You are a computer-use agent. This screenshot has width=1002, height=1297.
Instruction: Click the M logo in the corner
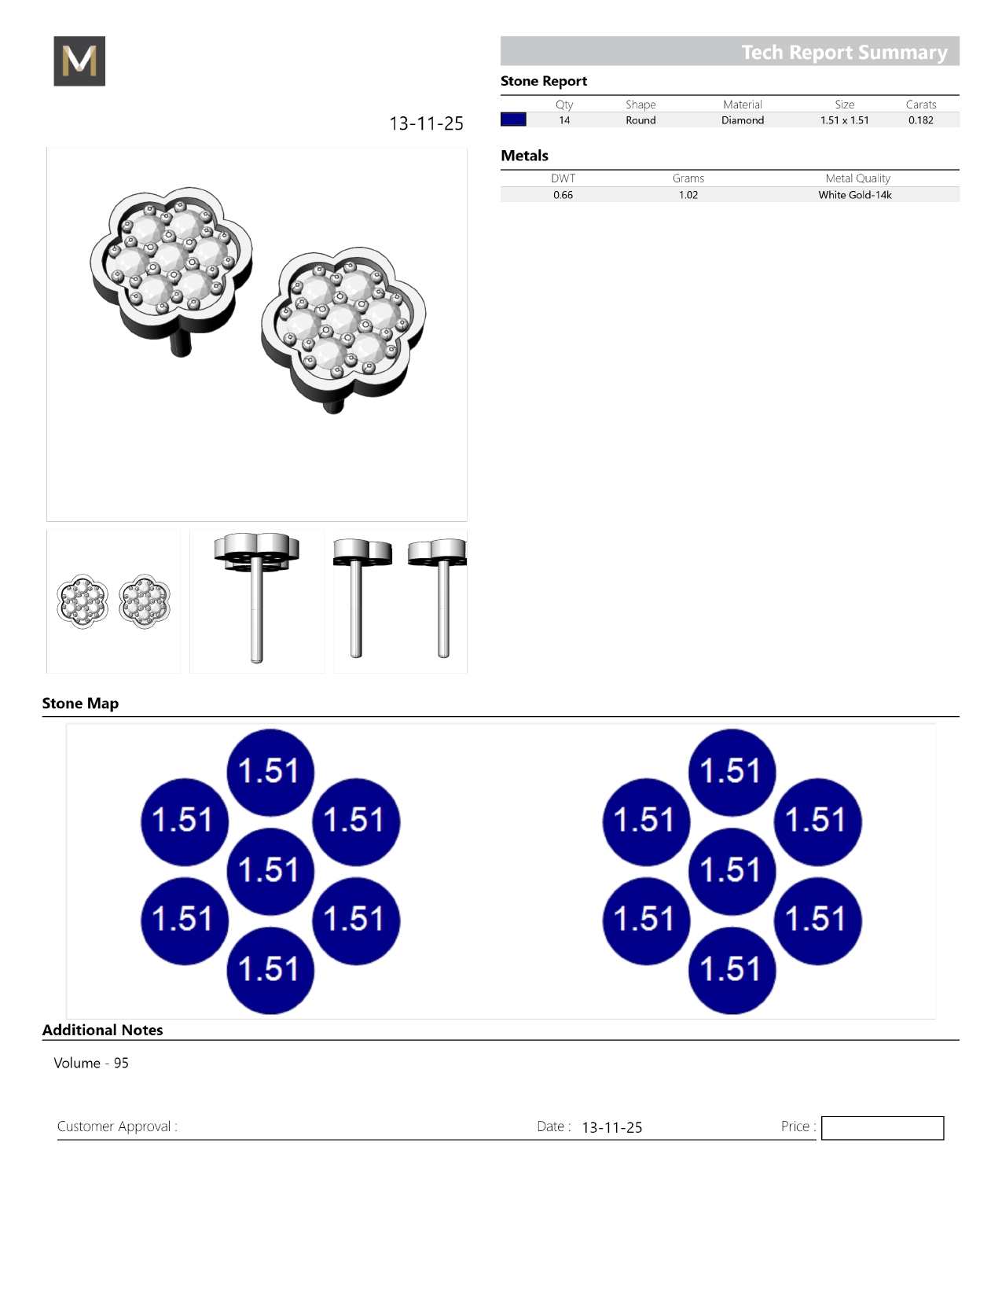79,61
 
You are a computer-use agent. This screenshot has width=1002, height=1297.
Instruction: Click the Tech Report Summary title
844,52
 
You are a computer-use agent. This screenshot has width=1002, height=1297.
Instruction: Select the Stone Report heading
544,81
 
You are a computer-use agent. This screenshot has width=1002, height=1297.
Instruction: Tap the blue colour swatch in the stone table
513,119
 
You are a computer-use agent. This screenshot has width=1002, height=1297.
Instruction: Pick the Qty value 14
564,120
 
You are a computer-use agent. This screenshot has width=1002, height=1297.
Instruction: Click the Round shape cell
640,120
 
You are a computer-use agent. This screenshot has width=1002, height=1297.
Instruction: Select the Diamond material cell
743,120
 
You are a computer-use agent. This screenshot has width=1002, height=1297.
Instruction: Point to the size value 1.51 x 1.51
844,120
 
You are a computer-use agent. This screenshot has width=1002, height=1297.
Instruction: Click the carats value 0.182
920,120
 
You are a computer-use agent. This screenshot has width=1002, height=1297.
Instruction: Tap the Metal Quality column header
857,178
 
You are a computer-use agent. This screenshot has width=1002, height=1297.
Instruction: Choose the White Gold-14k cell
855,195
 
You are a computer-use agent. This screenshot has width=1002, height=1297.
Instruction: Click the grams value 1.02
688,195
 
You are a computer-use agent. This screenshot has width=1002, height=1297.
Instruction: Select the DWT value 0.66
563,195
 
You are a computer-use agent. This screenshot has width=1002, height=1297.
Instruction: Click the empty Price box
882,1128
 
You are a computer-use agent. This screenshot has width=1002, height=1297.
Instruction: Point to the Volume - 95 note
91,1063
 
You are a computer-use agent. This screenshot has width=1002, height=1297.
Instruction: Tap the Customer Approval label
117,1126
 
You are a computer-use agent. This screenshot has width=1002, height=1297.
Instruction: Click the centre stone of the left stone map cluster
270,871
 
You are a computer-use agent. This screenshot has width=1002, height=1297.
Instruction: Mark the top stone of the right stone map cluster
732,772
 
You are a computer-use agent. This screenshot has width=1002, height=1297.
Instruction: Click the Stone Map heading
80,704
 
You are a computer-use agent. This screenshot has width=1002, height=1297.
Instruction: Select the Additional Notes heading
102,1030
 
